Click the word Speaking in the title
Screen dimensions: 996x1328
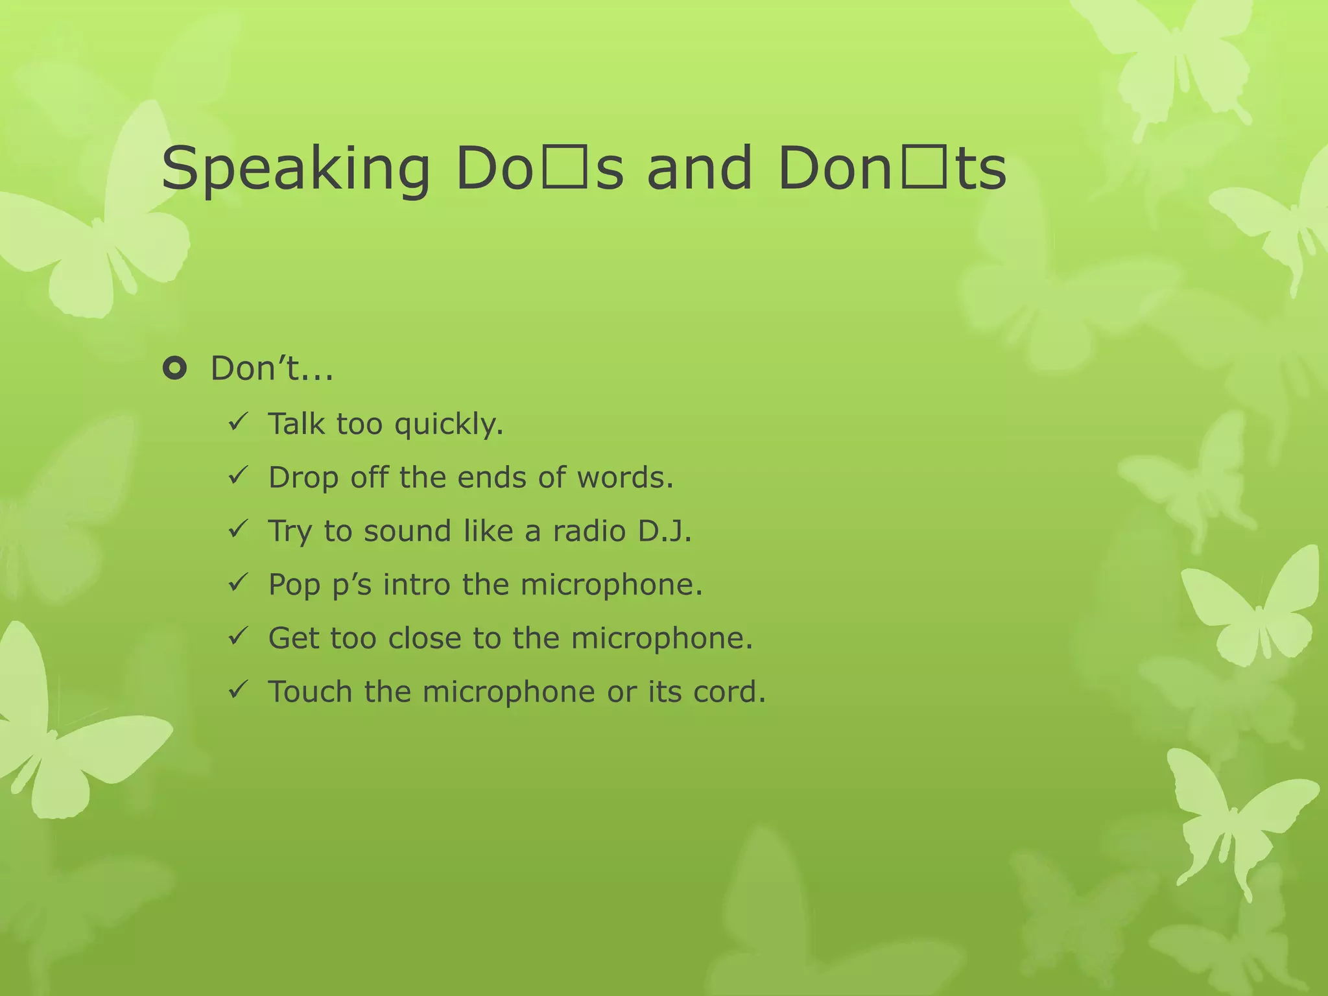[295, 170]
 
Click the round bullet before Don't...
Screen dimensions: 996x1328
[174, 369]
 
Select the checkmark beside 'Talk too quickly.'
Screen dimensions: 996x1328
[237, 423]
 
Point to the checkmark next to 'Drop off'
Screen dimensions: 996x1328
[237, 477]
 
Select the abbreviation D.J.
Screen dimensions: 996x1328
[665, 531]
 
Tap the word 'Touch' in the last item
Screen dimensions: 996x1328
[310, 691]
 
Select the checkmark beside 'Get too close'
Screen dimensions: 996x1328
[237, 637]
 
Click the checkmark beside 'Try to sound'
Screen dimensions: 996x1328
[237, 530]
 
